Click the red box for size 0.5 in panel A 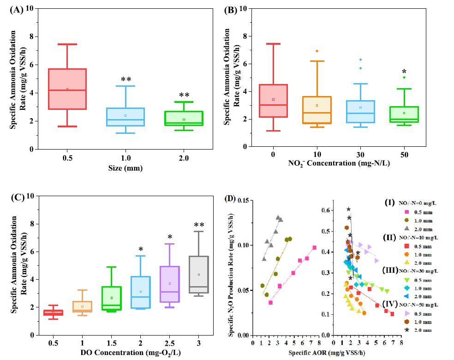tap(67, 89)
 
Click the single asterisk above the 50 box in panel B tap(404, 72)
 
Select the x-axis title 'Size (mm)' tap(125, 168)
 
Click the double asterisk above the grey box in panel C tap(199, 226)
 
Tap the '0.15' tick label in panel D tap(243, 200)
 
